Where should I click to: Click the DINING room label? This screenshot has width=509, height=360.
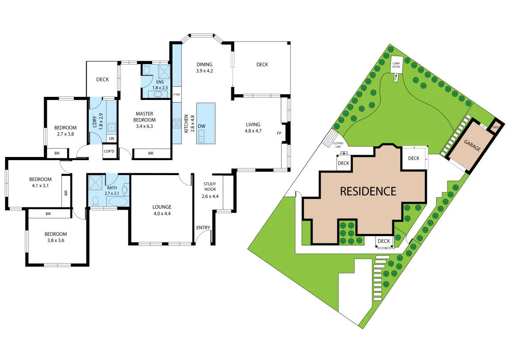[205, 64]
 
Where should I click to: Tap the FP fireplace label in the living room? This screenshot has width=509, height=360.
[279, 133]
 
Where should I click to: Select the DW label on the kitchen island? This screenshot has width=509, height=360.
[202, 126]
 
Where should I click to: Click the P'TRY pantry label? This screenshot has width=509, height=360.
[176, 95]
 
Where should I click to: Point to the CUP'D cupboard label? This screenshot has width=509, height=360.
[109, 152]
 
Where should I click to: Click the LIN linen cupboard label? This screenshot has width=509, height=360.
[111, 138]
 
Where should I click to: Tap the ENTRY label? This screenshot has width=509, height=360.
[203, 228]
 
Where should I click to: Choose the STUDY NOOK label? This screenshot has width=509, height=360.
[210, 187]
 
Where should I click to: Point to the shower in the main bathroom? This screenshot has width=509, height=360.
[96, 183]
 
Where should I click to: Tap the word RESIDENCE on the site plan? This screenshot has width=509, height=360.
[368, 191]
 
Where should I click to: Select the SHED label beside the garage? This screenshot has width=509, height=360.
[496, 128]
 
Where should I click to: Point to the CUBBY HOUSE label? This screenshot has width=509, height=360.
[396, 65]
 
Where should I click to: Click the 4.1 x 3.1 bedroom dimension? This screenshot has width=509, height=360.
[40, 186]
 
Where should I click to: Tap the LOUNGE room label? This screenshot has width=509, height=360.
[162, 207]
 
